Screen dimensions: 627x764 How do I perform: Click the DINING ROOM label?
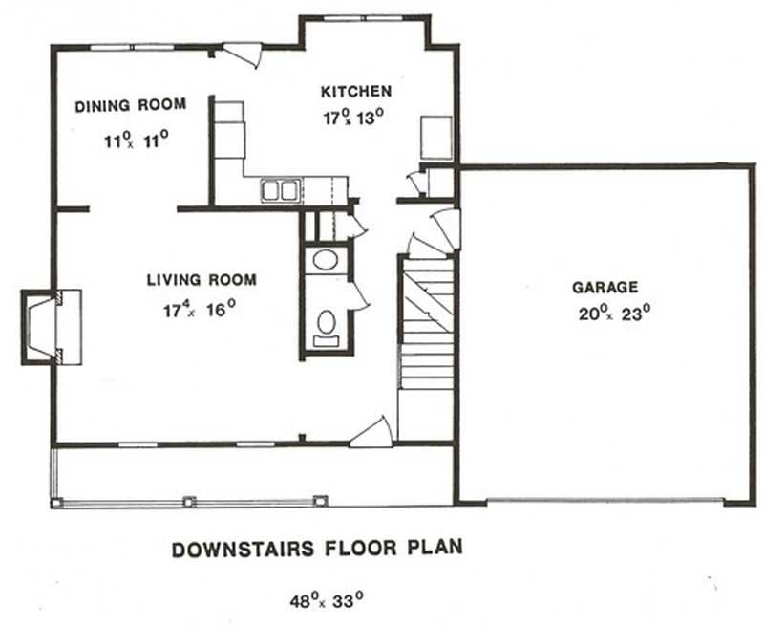point(130,105)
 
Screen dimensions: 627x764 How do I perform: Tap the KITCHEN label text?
point(355,92)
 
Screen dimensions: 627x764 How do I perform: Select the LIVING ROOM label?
point(201,280)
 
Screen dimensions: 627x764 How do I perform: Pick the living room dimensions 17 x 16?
point(199,310)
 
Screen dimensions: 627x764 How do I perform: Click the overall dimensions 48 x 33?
point(328,602)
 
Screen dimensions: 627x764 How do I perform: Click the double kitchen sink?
point(279,190)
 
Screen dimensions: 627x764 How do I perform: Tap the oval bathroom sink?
point(327,261)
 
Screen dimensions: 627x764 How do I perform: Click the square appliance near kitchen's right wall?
point(435,137)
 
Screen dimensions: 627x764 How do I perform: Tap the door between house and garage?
point(445,229)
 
